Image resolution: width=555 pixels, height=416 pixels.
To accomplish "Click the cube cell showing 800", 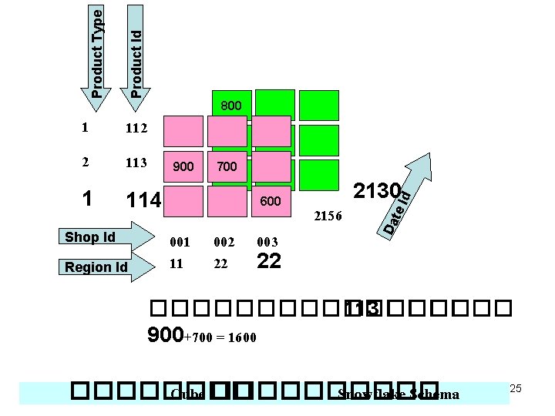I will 230,106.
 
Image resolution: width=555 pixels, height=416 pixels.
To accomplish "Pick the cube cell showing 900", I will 183,166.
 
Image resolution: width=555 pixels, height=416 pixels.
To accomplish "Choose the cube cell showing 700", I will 227,166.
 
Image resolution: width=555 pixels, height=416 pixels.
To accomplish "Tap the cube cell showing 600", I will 271,201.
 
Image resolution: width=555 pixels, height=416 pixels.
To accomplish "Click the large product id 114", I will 143,200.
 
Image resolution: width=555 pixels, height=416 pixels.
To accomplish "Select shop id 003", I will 267,242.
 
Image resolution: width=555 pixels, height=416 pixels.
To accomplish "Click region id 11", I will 177,263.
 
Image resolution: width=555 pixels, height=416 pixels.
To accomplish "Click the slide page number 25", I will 516,388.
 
